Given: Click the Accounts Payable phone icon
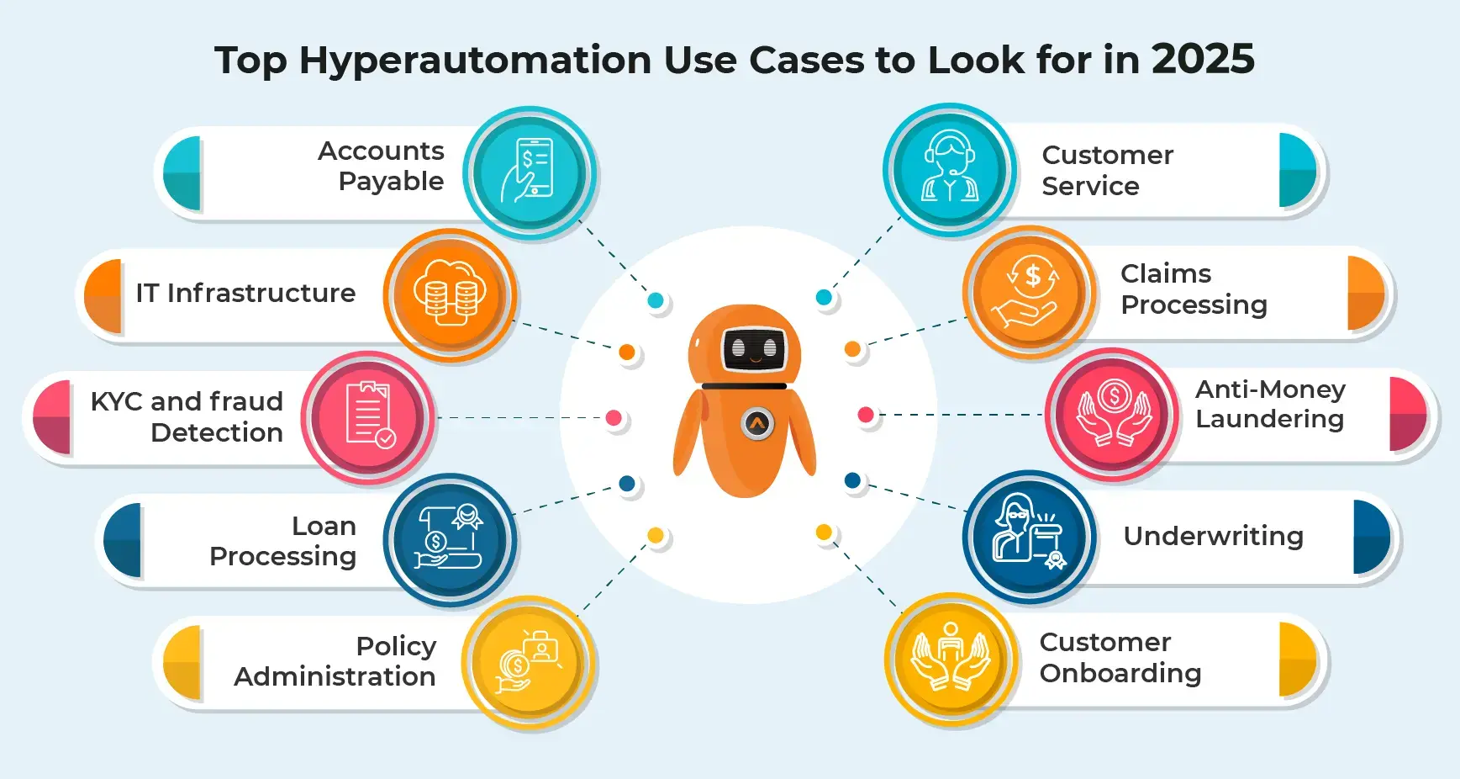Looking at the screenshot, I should coord(529,172).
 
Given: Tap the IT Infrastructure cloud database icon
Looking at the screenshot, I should coord(450,294).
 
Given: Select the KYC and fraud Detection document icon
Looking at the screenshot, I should coord(368,416).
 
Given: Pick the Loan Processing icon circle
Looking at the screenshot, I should coord(450,539).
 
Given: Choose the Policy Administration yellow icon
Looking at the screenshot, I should coord(529,662).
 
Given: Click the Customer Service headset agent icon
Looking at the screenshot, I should coord(950,169).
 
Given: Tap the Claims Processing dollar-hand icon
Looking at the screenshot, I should coord(1030,292).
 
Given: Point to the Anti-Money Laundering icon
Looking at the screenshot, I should coord(1113,414).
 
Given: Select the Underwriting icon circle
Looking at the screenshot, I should coord(1030,537).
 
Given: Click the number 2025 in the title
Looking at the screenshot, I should coord(1203,60).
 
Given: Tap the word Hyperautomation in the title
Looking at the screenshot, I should coord(475,61).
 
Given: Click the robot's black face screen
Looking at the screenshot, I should coord(754,347).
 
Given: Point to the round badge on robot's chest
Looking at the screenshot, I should coord(757,423).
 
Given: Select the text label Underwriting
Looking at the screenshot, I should coord(1213,536).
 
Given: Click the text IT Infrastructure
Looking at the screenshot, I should coord(245,293).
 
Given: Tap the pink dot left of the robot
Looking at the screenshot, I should coord(614,417).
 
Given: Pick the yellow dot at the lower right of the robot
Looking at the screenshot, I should coord(824,532).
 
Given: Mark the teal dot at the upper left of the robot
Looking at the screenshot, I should coord(656,300).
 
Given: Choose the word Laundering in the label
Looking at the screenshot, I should coord(1269,419).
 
